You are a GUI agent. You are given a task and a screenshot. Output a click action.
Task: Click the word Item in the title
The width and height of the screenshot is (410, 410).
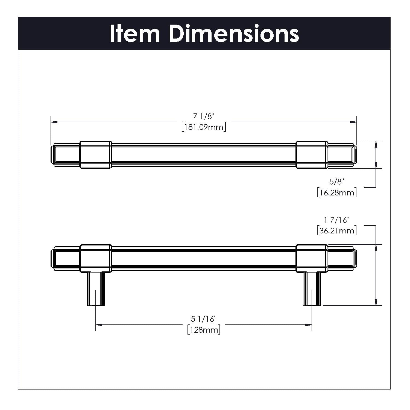point(134,33)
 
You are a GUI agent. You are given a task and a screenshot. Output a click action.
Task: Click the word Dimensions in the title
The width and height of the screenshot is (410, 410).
point(234,33)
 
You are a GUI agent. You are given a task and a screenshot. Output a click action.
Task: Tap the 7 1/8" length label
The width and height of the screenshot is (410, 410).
point(203,117)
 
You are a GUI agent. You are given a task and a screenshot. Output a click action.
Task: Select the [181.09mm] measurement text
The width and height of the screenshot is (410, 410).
point(204,127)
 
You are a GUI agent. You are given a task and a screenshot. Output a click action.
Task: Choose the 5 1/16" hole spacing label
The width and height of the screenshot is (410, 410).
point(204,319)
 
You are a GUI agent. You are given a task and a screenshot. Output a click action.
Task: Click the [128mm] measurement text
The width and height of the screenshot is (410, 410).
point(204,330)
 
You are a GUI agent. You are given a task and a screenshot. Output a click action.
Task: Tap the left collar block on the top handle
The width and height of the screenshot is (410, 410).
point(96,154)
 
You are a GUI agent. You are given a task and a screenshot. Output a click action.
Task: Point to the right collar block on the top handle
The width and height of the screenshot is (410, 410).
point(312,154)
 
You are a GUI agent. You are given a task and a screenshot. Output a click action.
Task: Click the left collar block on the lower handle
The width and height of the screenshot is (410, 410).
point(96,258)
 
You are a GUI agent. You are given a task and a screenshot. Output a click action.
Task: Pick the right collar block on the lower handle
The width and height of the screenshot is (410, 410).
point(312,258)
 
